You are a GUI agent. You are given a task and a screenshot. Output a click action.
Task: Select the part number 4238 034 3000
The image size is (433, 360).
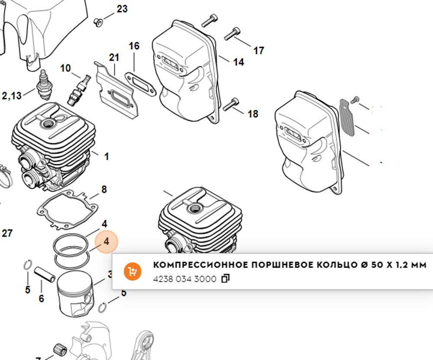[x=184, y=279]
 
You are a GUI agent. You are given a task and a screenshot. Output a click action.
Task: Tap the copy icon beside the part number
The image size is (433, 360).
[x=225, y=279]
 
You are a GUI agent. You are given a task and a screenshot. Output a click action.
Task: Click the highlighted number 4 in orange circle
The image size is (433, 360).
[x=106, y=242]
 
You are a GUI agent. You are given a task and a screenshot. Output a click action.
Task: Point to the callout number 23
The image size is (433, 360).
[x=122, y=9]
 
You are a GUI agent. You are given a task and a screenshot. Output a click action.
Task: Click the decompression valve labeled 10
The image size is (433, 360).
[x=79, y=89]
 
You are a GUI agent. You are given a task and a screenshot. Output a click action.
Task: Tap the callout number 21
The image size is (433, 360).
[x=114, y=58]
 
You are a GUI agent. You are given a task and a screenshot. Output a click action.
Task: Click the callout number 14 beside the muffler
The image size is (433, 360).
[x=238, y=62]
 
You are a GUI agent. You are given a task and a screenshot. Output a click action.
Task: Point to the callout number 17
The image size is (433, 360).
[x=259, y=51]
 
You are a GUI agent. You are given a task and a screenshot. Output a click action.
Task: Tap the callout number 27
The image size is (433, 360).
[x=7, y=234]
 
